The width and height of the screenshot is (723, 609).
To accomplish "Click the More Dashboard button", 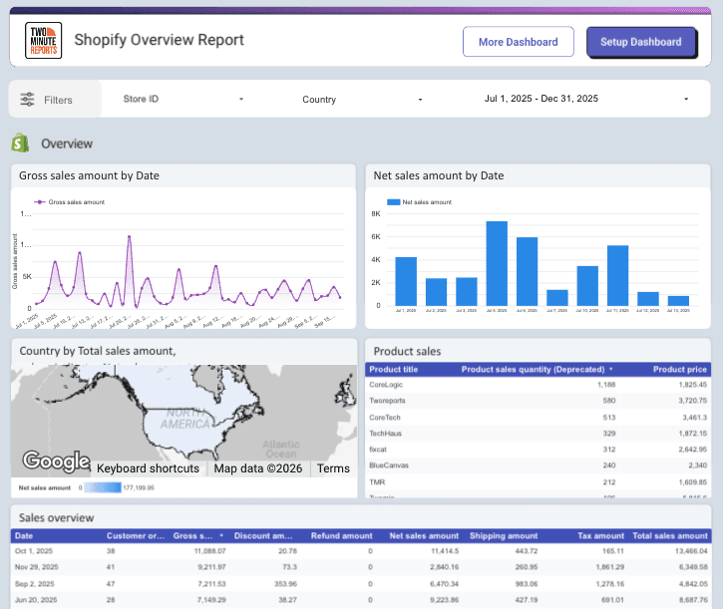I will pos(518,42).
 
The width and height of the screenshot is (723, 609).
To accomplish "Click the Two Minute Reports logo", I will pos(43,41).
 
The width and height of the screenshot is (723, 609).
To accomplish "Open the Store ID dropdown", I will pos(183,100).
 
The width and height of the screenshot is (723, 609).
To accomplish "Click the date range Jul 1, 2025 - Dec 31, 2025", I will pos(586,100).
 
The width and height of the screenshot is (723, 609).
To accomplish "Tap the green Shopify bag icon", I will pos(20,144).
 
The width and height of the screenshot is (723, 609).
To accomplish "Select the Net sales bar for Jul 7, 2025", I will pos(557,297).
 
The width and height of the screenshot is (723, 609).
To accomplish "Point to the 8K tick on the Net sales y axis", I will pos(376,214).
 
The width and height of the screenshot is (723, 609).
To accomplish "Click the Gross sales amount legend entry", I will pos(75,202).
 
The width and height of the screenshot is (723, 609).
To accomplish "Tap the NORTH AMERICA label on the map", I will pos(185,419).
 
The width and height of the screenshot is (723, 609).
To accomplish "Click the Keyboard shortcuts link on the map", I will pos(148,468).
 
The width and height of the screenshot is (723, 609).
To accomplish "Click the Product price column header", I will pos(680,370).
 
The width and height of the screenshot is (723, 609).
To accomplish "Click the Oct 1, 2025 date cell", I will pos(34,550).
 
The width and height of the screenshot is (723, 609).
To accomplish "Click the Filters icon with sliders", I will pos(27,100).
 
